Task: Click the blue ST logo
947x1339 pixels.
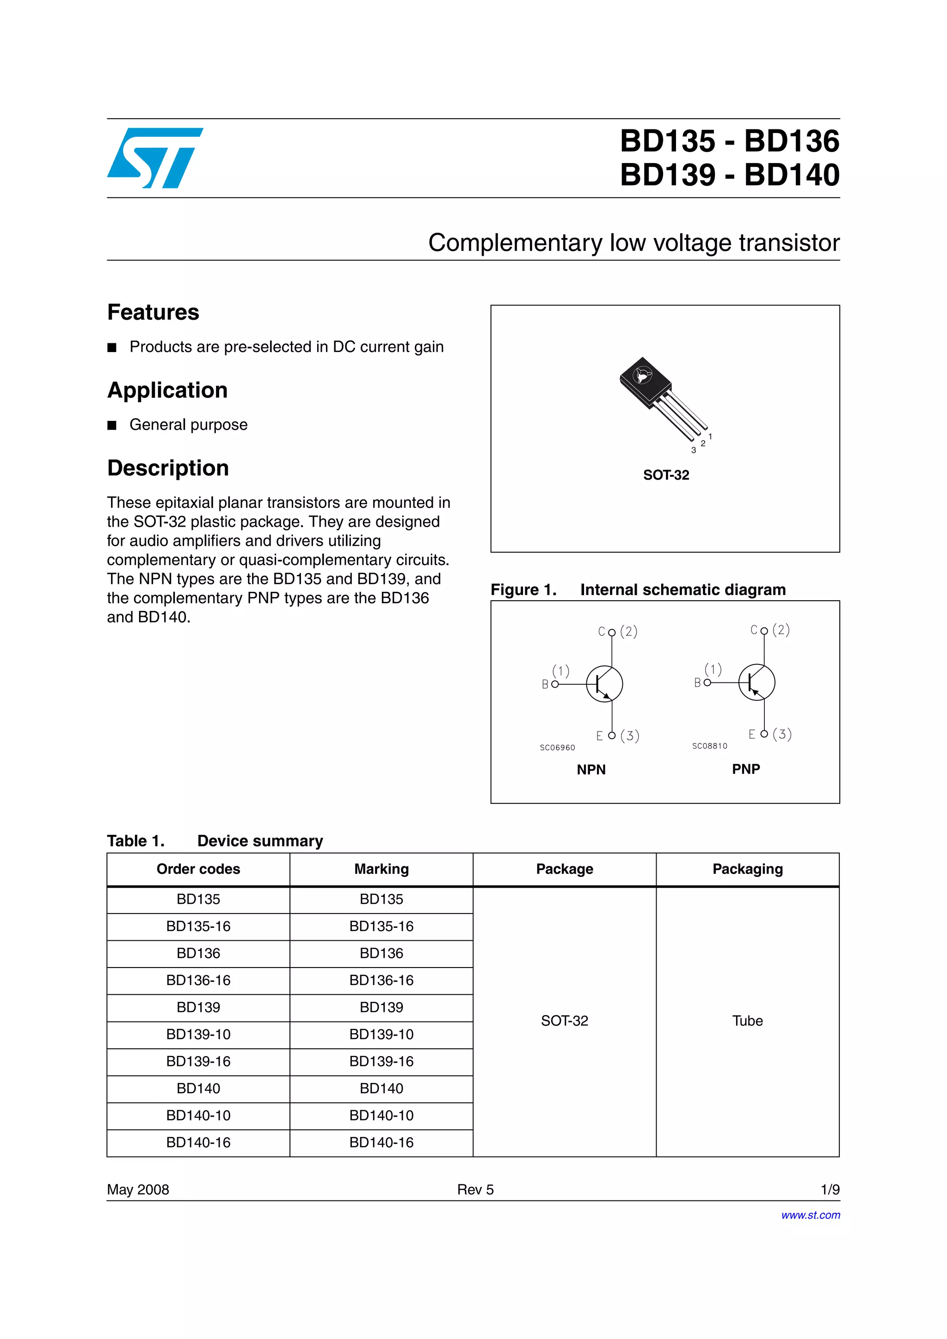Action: [154, 158]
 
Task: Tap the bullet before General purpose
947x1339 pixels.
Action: [112, 425]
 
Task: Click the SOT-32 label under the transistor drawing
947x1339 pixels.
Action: [666, 475]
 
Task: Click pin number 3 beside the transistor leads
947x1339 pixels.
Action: [693, 450]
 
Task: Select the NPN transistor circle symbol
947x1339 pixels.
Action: [604, 684]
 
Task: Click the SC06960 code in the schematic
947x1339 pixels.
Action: [557, 748]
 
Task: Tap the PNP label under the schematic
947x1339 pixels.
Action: [746, 769]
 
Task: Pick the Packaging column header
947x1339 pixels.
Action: [747, 869]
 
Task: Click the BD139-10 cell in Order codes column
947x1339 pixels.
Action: [198, 1035]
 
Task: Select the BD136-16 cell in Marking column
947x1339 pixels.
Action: [381, 980]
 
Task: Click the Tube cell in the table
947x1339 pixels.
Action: [747, 1021]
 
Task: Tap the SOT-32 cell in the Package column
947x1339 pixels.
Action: [564, 1021]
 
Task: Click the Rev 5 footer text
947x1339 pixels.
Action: [475, 1190]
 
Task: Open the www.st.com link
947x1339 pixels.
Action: [811, 1215]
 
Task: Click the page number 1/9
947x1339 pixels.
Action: [829, 1190]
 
